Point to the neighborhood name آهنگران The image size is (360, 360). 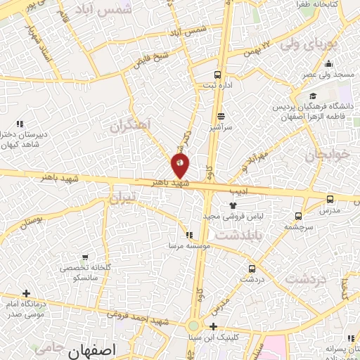130,125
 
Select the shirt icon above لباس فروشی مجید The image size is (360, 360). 232,204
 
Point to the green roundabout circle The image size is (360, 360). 193,326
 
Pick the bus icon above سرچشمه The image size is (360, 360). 299,216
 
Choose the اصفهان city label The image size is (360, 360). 93,349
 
